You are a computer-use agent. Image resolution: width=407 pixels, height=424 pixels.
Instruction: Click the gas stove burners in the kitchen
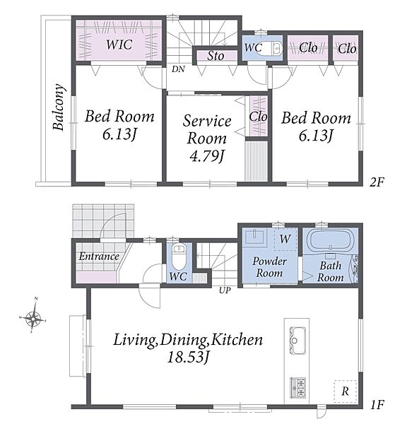tap(297, 387)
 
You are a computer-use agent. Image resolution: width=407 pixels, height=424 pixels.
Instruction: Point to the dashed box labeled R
tap(345, 391)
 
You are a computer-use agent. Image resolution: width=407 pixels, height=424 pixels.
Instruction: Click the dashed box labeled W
tap(285, 239)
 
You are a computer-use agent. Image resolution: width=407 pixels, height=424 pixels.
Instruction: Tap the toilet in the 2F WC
tap(273, 49)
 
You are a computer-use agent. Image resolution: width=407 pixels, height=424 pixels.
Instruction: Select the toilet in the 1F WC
tap(178, 255)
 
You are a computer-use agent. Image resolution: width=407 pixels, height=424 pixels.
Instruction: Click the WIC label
tap(119, 45)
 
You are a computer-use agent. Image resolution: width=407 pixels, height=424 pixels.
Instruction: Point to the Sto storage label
tap(216, 56)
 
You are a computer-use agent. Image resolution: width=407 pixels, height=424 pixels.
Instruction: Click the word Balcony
tap(59, 107)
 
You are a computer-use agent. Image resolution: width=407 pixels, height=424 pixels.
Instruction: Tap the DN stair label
tap(179, 69)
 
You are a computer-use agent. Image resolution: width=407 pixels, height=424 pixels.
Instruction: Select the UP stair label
tap(225, 290)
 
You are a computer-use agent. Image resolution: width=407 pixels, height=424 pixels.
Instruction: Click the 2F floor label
tap(377, 182)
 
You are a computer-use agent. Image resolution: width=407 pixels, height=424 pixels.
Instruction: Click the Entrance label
tap(99, 256)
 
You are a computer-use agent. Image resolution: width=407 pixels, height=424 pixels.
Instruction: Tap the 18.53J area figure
tap(189, 358)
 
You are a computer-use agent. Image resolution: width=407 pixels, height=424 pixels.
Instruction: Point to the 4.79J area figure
tap(207, 156)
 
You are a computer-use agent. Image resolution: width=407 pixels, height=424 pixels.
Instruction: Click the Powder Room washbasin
tap(254, 237)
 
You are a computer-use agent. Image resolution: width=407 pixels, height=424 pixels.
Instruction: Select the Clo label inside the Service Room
tap(259, 117)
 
